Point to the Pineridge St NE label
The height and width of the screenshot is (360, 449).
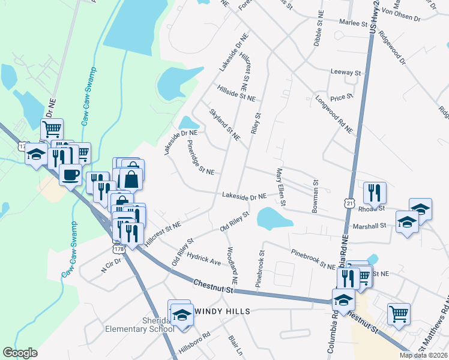200,157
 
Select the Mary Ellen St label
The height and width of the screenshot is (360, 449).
280,186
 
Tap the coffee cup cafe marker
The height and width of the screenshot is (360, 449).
70,175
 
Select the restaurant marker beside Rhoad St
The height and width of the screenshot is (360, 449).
374,192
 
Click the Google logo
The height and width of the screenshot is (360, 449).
20,352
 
